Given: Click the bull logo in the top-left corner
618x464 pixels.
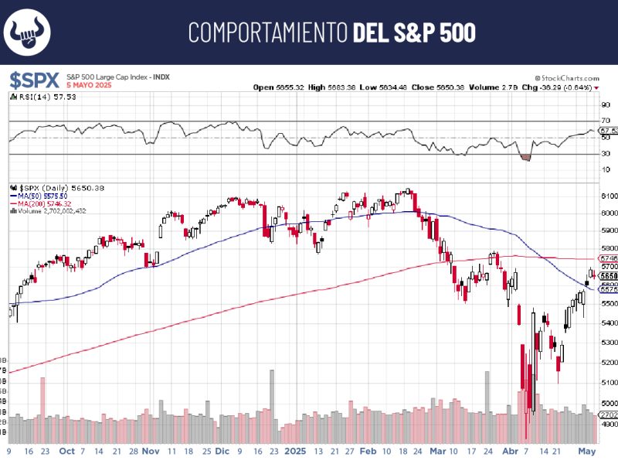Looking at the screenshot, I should [29, 32].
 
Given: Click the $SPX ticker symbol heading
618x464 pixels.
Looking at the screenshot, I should [34, 80].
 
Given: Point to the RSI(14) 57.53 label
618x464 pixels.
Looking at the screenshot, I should [42, 97].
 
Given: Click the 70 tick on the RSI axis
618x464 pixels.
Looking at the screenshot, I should [605, 121].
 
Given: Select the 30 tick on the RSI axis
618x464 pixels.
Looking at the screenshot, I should [605, 154].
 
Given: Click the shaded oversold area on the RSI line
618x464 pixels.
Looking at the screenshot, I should [527, 157].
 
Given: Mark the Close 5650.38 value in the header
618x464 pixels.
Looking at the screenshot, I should [436, 87].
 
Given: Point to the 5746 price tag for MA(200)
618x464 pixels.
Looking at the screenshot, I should [608, 258].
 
